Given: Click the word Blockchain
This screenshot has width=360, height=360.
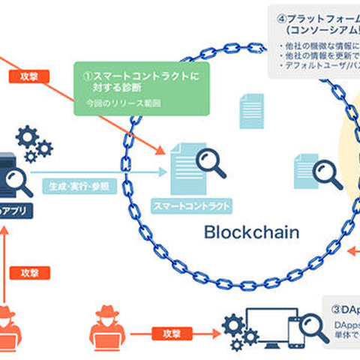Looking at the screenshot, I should pos(251,232).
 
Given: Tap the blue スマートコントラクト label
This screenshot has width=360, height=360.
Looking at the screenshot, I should pos(190,204).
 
